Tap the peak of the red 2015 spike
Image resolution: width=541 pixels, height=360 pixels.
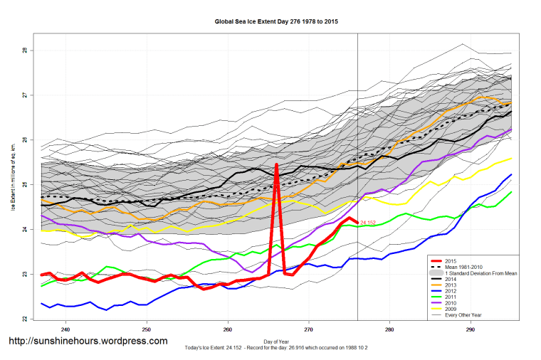[276, 165]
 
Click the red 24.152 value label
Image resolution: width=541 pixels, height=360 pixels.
[368, 223]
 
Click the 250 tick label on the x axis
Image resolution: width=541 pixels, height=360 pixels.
[147, 329]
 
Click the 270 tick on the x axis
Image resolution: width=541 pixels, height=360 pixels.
[308, 329]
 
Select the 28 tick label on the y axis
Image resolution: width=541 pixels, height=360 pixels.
[23, 51]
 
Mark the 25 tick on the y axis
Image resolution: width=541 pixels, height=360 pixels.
[23, 185]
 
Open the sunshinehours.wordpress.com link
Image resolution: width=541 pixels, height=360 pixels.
[88, 342]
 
